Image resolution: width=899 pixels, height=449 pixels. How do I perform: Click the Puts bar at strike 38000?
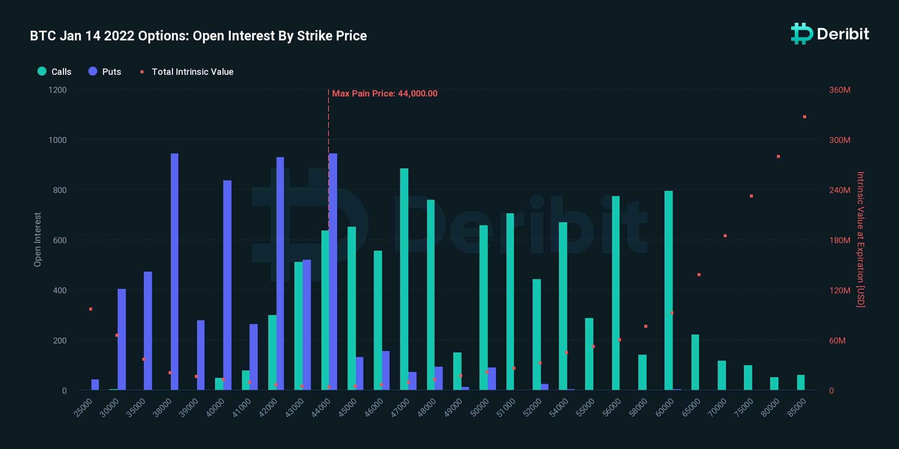tap(175, 272)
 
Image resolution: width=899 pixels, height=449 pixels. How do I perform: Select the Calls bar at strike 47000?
tap(404, 279)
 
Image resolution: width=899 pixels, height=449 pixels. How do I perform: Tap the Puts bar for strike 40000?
tap(227, 285)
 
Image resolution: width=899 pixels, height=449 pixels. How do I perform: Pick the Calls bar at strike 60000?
tap(669, 290)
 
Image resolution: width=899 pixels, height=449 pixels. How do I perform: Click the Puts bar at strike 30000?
tap(122, 339)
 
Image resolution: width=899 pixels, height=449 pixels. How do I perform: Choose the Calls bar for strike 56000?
tap(616, 293)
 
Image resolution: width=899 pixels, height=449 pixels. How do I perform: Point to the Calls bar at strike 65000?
tap(695, 362)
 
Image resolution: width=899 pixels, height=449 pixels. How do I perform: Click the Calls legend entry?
tap(55, 71)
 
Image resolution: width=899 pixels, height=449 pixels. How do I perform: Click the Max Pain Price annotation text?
tap(385, 94)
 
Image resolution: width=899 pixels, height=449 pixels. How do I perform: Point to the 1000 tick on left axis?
tap(57, 140)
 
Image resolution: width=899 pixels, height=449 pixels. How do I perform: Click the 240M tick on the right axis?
tap(839, 190)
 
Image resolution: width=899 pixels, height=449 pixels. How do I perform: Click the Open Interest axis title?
tap(37, 239)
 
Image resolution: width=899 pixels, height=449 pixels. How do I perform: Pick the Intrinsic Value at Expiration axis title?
tap(860, 239)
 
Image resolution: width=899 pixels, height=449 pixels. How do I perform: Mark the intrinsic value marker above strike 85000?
tap(805, 117)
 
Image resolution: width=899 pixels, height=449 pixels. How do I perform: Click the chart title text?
tap(199, 36)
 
